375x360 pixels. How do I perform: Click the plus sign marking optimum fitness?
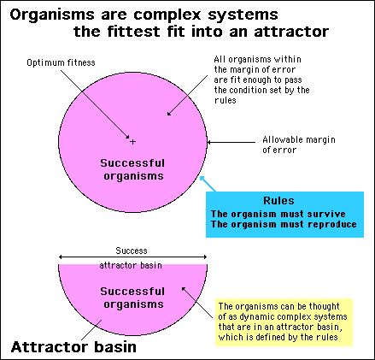click(132, 141)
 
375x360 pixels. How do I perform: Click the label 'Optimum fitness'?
click(61, 62)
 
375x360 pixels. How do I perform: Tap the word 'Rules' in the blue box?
click(278, 201)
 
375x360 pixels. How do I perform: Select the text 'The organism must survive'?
click(278, 214)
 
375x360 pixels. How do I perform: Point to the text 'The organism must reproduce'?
click(284, 224)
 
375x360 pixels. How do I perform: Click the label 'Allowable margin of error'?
click(299, 145)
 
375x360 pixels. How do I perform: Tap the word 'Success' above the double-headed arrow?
click(132, 251)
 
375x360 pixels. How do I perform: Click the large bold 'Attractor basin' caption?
click(73, 347)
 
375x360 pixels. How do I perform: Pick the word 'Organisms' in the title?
click(52, 15)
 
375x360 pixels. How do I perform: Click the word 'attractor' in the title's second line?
click(291, 32)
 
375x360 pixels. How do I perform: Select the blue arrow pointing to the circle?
click(208, 184)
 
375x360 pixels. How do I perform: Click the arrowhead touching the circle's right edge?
click(209, 142)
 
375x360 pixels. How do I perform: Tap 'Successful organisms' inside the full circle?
click(132, 169)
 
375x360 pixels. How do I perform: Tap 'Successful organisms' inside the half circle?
click(132, 298)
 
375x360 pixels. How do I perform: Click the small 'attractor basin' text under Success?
click(131, 265)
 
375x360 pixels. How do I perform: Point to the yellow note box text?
click(283, 322)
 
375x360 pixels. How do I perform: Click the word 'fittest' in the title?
click(133, 32)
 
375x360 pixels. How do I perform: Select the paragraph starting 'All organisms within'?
click(261, 80)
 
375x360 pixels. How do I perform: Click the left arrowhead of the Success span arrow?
click(60, 257)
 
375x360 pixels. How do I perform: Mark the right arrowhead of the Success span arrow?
click(205, 257)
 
